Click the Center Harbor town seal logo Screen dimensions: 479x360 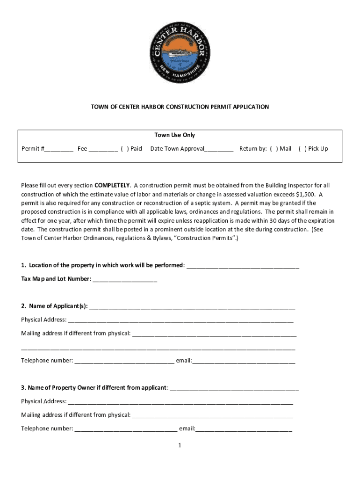pos(180,53)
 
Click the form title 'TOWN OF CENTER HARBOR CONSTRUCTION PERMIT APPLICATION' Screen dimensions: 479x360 pos(180,107)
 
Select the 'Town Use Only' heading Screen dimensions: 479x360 pos(174,135)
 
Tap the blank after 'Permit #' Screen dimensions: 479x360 pos(59,149)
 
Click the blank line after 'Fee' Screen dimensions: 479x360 pos(103,149)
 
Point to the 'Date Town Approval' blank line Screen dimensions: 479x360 pos(219,149)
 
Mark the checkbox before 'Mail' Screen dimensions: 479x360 pos(274,149)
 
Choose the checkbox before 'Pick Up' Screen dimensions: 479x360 pos(302,149)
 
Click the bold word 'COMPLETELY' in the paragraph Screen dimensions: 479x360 pos(112,185)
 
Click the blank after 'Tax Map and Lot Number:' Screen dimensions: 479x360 pos(125,280)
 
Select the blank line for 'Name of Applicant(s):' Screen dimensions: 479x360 pos(192,307)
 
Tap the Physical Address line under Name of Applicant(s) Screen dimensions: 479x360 pos(180,320)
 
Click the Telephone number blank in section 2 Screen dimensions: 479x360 pos(124,361)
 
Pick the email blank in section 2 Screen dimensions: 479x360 pos(244,361)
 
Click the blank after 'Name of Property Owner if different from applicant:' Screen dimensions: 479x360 pos(234,388)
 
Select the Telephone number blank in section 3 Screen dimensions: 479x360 pos(126,429)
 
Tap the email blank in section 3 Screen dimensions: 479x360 pos(244,429)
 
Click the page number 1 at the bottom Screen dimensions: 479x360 pos(180,445)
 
